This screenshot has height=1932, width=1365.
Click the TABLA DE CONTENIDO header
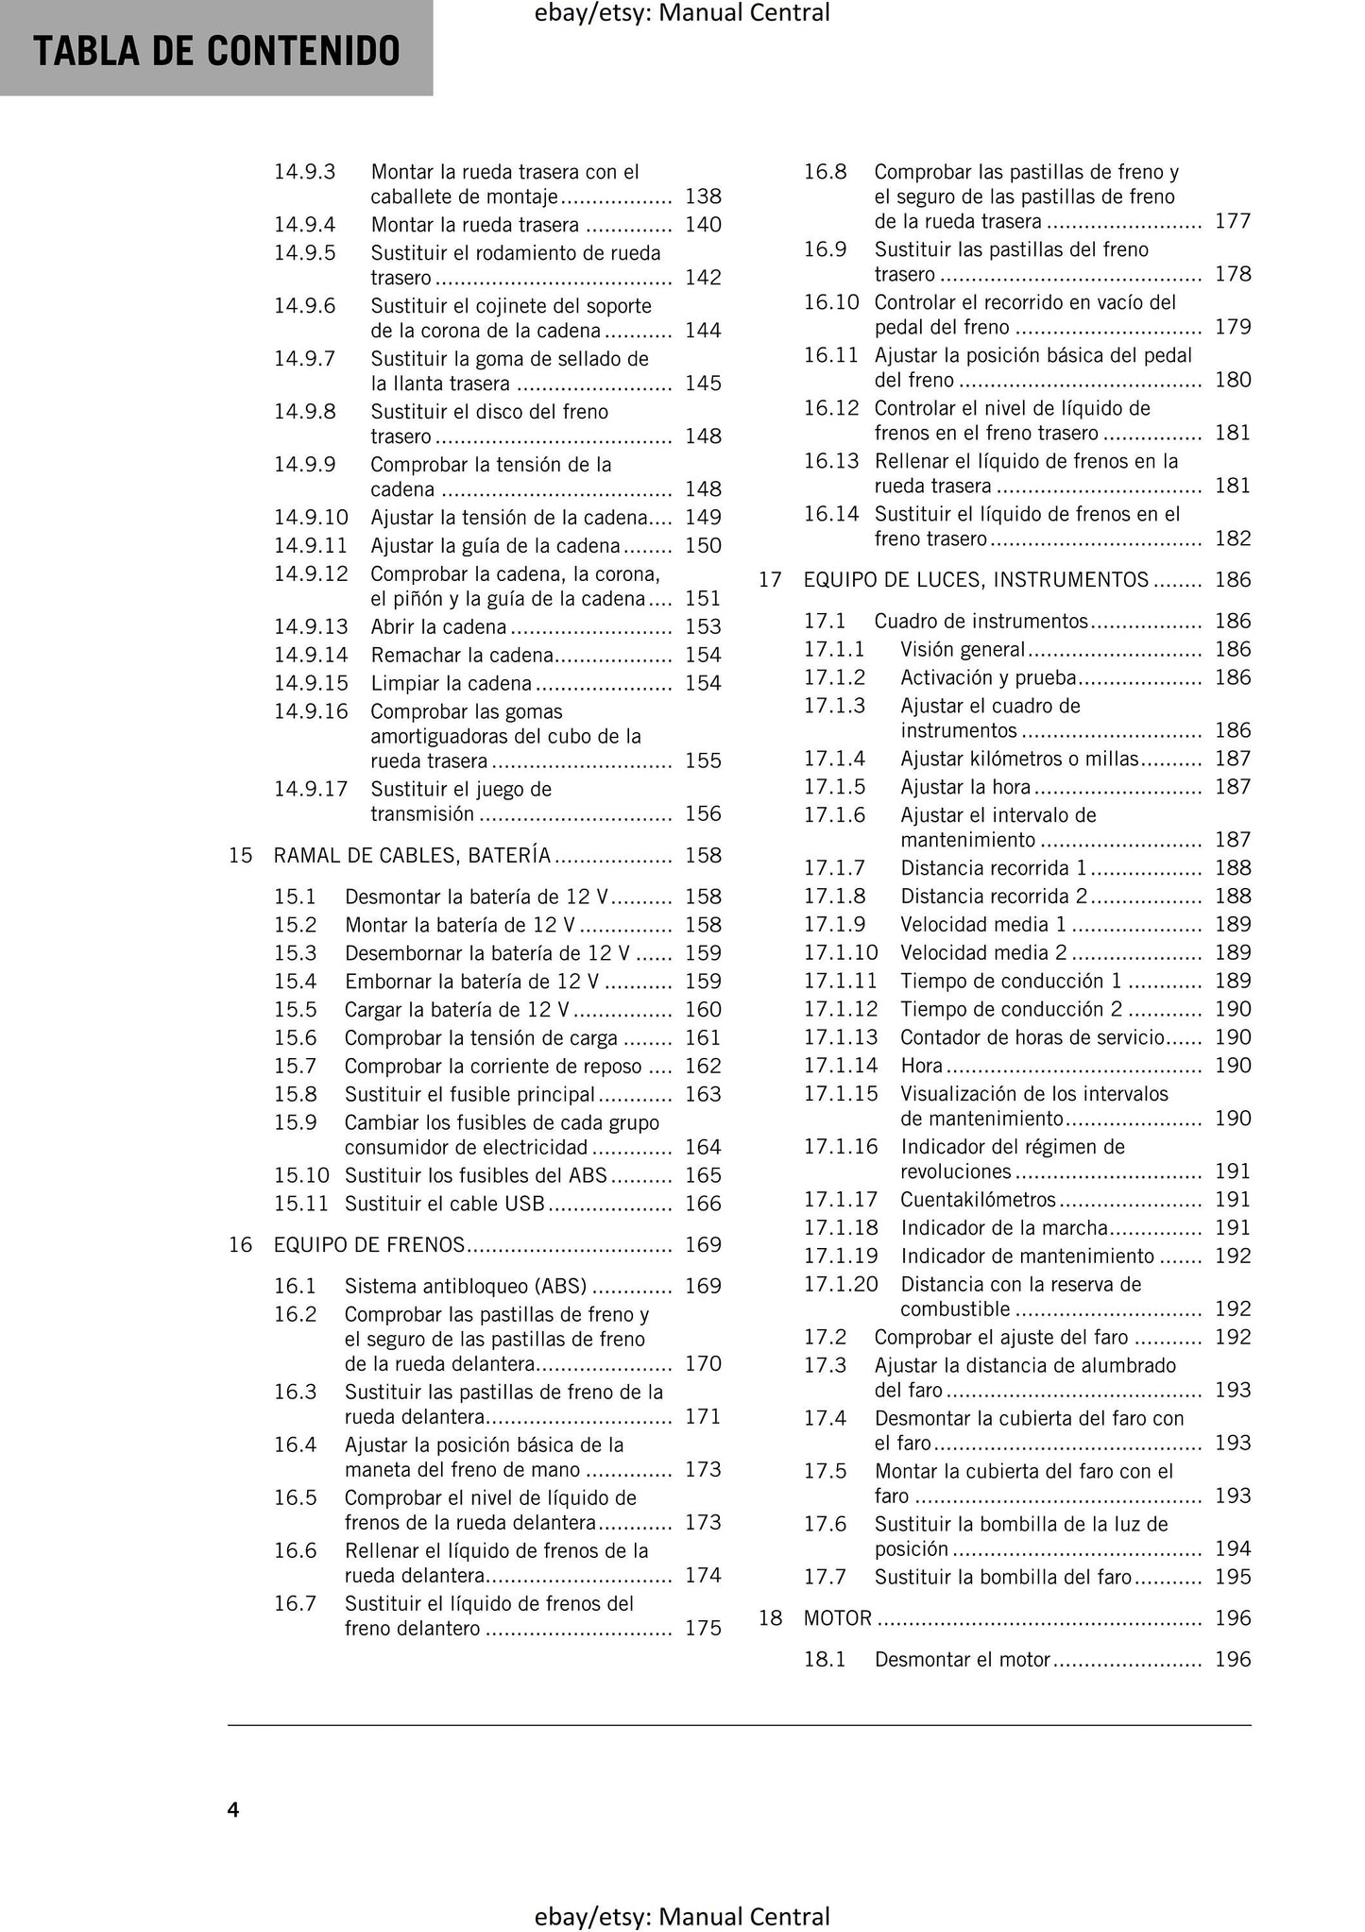pos(216,51)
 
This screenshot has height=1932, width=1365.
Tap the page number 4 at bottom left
pos(233,1809)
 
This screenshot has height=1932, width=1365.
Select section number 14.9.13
pos(311,627)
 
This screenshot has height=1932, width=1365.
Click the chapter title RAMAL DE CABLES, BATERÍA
pos(412,856)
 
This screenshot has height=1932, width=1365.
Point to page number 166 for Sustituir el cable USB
pos(703,1204)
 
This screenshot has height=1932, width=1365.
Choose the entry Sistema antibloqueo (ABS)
pos(466,1286)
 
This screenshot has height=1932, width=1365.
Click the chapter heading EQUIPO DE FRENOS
pos(369,1245)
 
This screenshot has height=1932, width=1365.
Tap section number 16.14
pos(831,514)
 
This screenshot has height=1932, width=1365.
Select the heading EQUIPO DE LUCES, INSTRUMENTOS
pos(976,580)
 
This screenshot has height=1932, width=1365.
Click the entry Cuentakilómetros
pos(978,1200)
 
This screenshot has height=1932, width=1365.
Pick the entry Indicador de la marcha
pos(1003,1228)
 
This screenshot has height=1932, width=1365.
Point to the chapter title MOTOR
pos(838,1618)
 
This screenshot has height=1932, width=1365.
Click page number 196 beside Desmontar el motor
pos(1233,1660)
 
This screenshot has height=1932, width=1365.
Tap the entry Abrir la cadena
pos(438,627)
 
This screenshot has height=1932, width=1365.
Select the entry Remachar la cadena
pos(461,656)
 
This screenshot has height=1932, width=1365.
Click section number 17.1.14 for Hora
pos(841,1066)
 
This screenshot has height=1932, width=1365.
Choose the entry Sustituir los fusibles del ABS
pos(475,1175)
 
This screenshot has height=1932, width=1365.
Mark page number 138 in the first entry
pos(703,197)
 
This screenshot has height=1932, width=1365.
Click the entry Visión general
pos(963,650)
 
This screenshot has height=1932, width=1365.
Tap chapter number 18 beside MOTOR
pos(771,1618)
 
